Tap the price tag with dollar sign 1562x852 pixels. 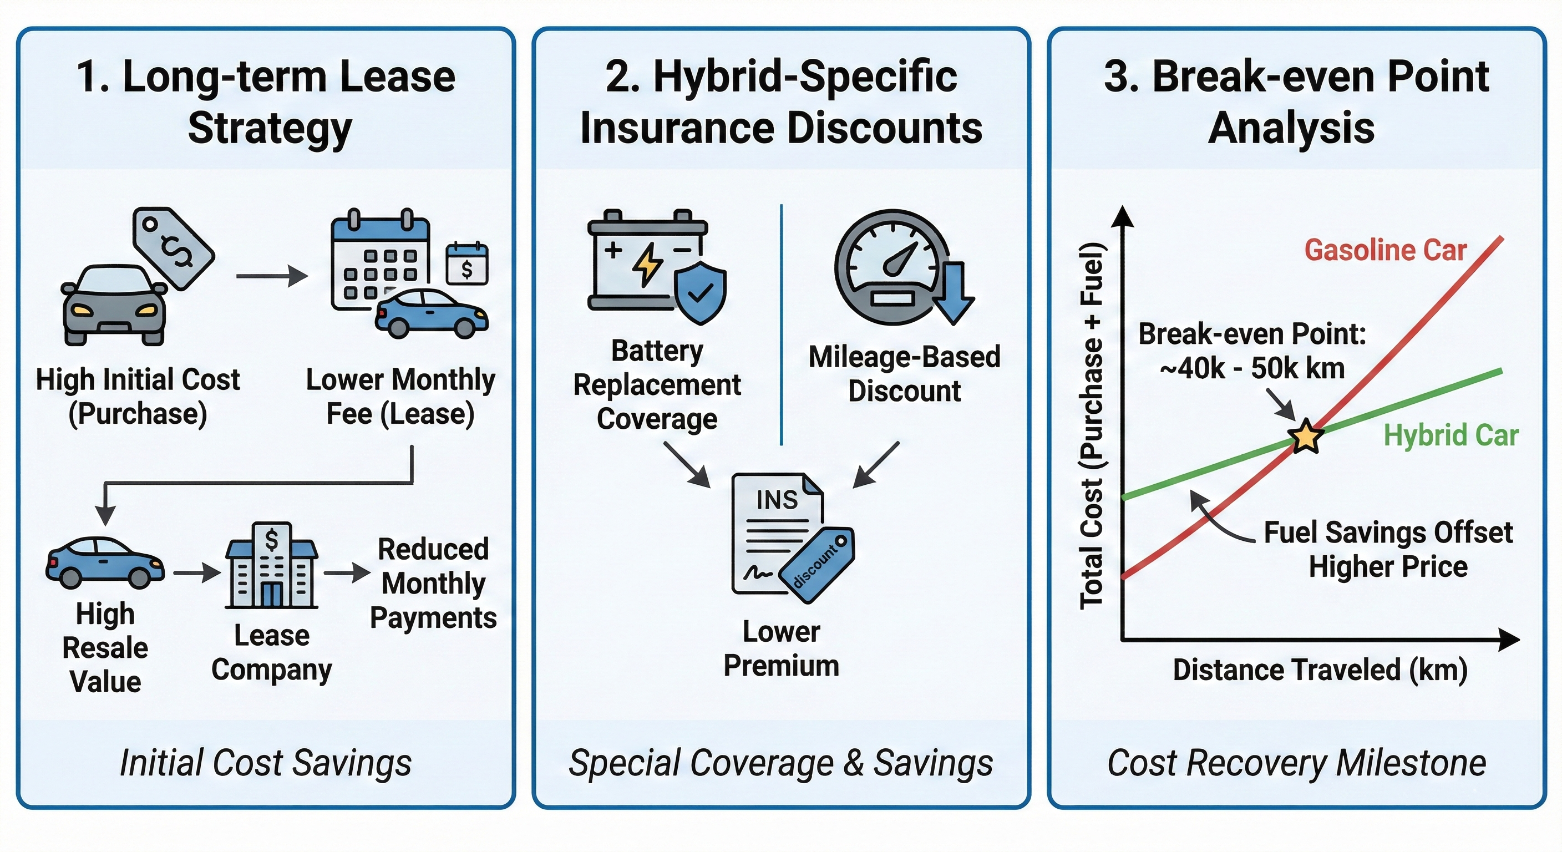[174, 248]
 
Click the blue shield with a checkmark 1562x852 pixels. [701, 292]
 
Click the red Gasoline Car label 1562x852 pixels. [1385, 251]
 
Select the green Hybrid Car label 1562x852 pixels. [1451, 435]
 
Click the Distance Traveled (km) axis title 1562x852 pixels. [1320, 670]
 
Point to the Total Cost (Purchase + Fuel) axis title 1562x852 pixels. [1093, 425]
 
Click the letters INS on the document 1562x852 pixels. [777, 500]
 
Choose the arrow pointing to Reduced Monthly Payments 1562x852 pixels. [347, 572]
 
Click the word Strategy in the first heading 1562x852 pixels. [270, 129]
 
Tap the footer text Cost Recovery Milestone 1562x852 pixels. [1296, 763]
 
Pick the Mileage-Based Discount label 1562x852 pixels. [904, 373]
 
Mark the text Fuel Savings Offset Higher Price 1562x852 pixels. [1388, 549]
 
